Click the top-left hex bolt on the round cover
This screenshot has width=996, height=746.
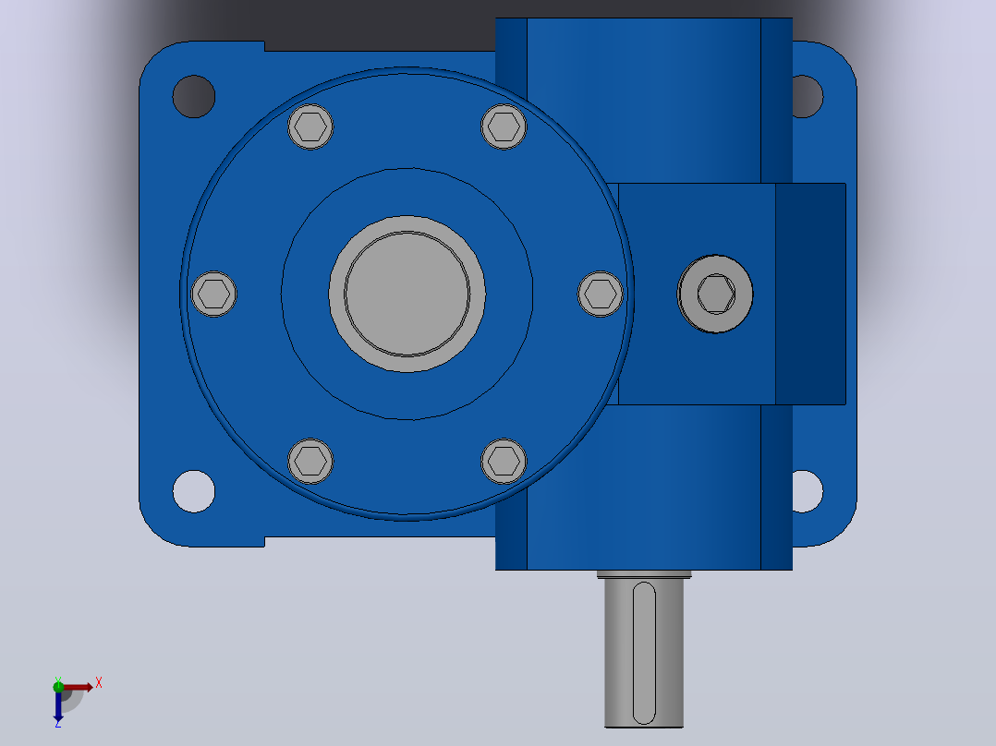tap(310, 127)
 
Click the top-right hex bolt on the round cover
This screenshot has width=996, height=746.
tap(504, 127)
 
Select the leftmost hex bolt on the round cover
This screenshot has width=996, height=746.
tap(214, 294)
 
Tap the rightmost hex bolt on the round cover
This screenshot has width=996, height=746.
tap(601, 294)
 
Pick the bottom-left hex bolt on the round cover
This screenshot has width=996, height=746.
tap(310, 462)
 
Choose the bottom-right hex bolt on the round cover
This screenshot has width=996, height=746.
tap(504, 462)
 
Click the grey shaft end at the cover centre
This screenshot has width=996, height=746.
tap(407, 294)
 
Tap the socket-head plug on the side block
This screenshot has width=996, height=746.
tap(715, 294)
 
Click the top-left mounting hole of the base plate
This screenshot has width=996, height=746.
tap(194, 97)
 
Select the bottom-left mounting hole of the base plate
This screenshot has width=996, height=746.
tap(194, 491)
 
